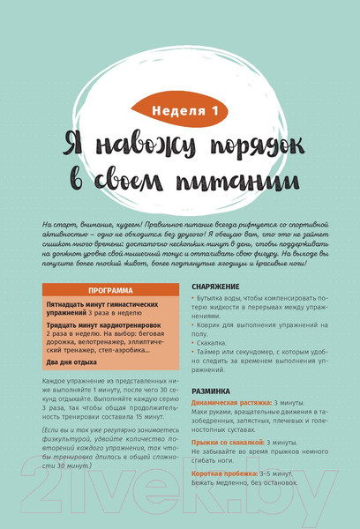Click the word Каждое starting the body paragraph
(55, 380)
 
